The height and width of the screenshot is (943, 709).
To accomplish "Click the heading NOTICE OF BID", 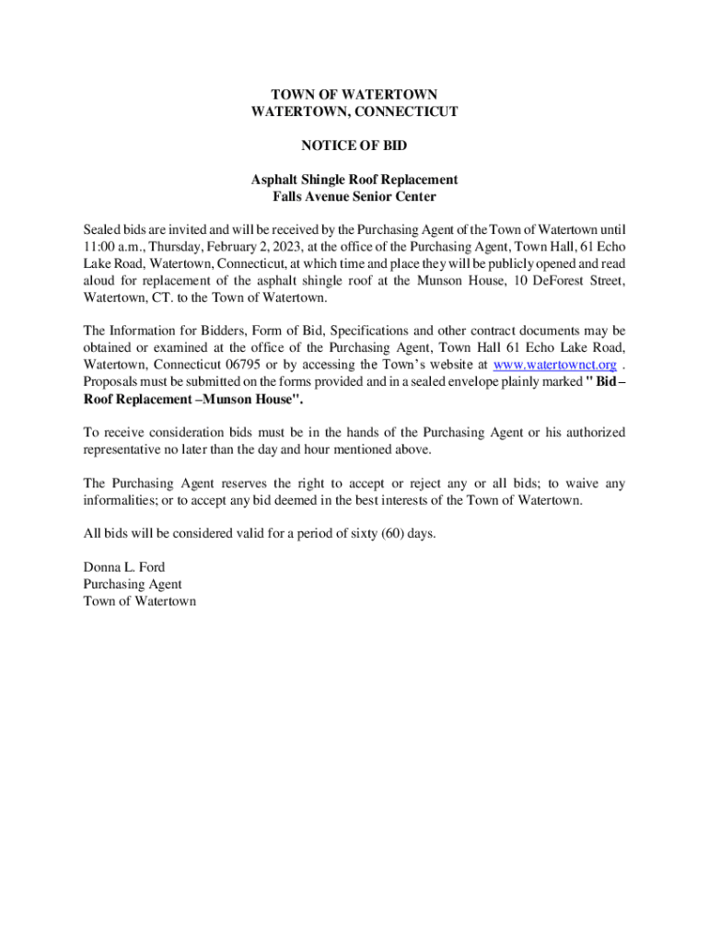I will [x=354, y=146].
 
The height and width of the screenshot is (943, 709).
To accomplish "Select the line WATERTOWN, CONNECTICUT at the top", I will [x=354, y=111].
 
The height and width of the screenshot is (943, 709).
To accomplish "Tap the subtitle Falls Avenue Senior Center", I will [x=354, y=196].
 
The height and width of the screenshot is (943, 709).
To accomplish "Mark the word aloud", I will [x=100, y=281].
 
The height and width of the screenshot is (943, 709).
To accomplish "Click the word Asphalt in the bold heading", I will [x=275, y=180].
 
